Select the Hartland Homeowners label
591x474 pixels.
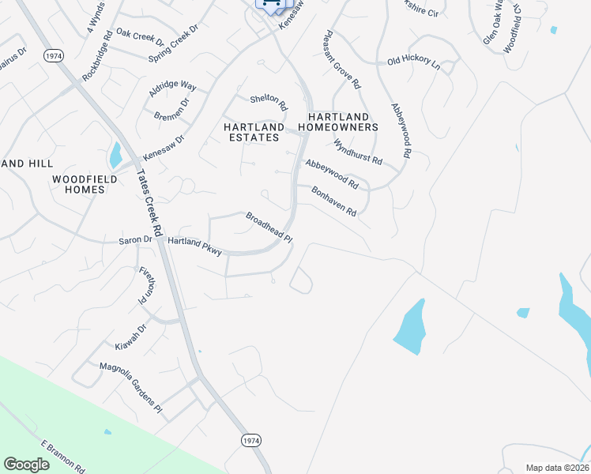[x=337, y=122]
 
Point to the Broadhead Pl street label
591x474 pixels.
[x=269, y=228]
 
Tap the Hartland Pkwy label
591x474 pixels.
[x=195, y=246]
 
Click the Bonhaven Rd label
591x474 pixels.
[x=334, y=201]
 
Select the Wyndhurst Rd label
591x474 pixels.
[x=357, y=152]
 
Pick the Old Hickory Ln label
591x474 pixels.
[x=413, y=61]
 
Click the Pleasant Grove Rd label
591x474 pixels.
[x=341, y=60]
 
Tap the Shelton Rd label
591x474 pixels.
[x=269, y=100]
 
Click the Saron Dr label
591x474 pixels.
[x=134, y=239]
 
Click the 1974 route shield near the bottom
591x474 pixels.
[x=250, y=439]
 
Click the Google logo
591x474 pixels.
[x=26, y=464]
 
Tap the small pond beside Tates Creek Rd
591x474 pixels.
[x=116, y=155]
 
